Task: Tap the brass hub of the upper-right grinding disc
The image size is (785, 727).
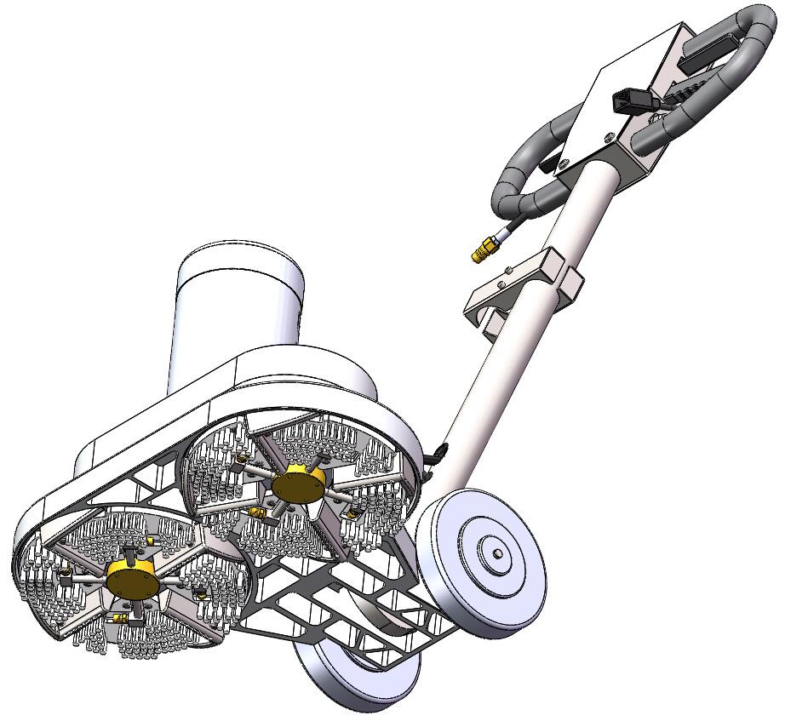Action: click(298, 484)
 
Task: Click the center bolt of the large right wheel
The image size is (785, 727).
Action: click(496, 555)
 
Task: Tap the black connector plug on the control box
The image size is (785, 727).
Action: click(628, 103)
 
